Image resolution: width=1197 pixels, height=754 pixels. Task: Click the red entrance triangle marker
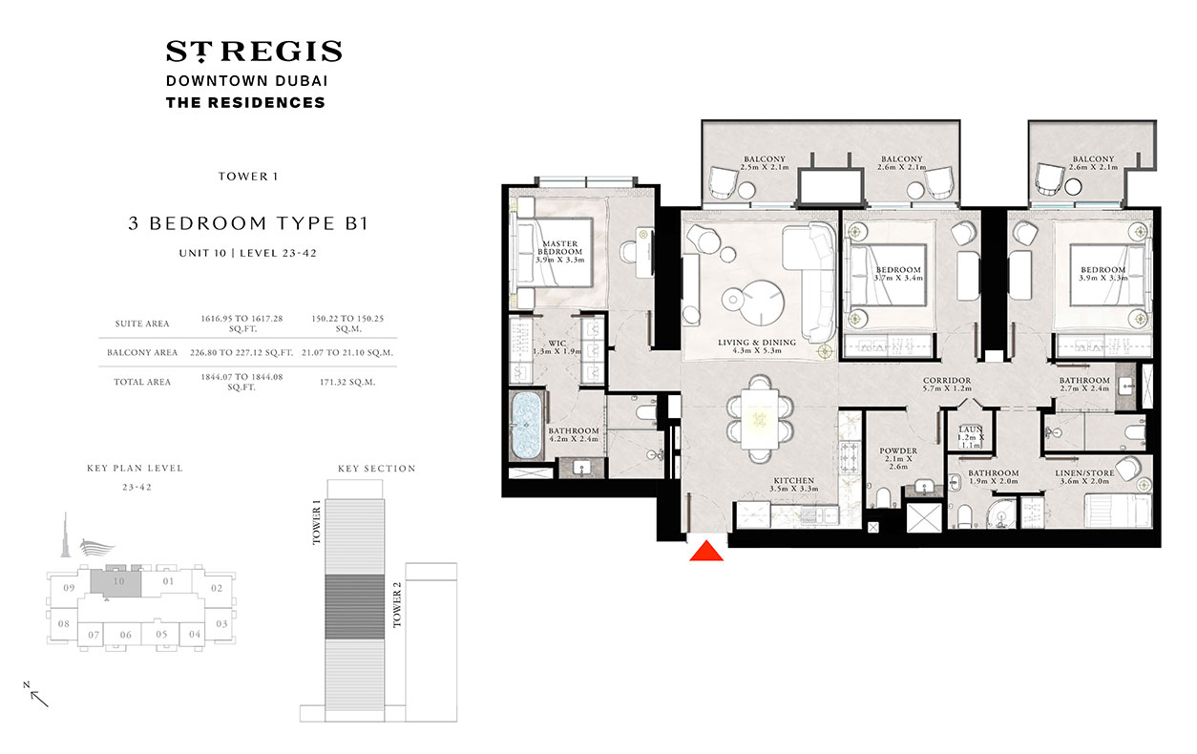click(707, 551)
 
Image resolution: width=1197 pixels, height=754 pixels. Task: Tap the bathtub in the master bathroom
click(525, 427)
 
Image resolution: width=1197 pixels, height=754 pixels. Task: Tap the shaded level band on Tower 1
click(356, 606)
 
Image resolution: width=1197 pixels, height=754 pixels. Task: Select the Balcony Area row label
click(142, 352)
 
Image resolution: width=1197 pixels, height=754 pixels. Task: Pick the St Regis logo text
click(253, 52)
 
